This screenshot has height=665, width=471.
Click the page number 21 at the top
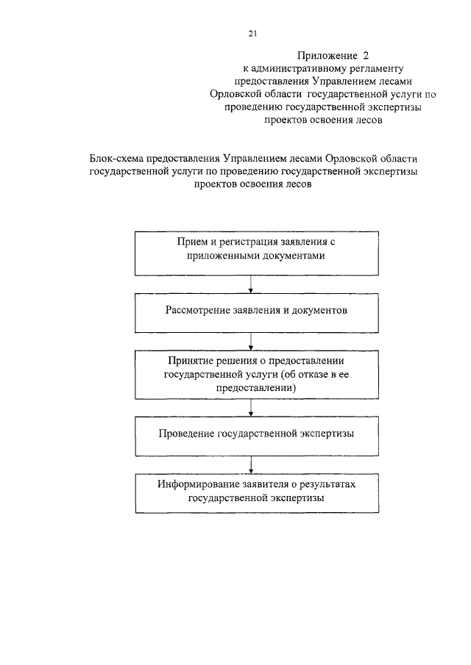252,33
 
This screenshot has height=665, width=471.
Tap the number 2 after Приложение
365,55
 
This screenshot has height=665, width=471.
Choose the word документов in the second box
319,310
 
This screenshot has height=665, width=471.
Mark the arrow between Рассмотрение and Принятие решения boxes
252,339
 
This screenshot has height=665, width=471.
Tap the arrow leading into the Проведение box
252,407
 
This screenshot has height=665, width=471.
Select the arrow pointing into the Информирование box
252,464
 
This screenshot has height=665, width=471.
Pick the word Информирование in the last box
194,485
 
